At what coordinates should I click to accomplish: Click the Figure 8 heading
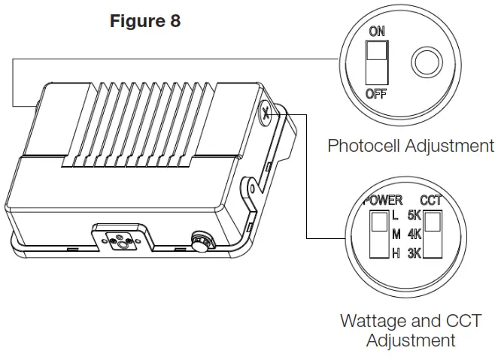[144, 21]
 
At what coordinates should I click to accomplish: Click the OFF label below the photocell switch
[376, 93]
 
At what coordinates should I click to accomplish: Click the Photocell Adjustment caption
[411, 145]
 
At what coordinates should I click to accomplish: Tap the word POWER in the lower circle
[383, 201]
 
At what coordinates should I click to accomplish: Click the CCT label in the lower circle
[431, 201]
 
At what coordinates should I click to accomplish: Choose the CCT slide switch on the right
[433, 234]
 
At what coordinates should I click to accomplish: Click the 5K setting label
[414, 216]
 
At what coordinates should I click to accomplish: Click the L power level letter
[396, 216]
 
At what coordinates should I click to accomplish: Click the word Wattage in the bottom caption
[373, 321]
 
